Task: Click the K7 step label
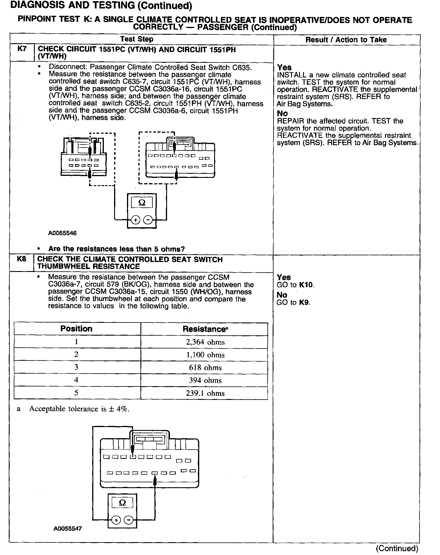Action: (22, 48)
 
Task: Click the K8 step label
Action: (22, 259)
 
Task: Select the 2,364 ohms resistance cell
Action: (205, 342)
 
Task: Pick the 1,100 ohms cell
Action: (205, 355)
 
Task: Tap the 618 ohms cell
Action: (205, 367)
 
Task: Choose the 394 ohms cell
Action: (205, 380)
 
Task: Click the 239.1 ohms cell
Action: (205, 393)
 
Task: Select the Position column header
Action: (76, 329)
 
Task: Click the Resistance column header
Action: (205, 329)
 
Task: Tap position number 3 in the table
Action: (76, 367)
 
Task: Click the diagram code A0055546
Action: (62, 233)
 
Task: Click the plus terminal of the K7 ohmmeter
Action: (135, 220)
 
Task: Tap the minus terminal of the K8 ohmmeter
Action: (128, 520)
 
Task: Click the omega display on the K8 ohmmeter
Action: (123, 503)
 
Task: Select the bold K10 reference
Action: (306, 285)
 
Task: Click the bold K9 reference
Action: (304, 302)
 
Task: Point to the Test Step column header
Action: (137, 39)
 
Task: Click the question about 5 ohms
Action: (116, 249)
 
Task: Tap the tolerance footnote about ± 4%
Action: (79, 409)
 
